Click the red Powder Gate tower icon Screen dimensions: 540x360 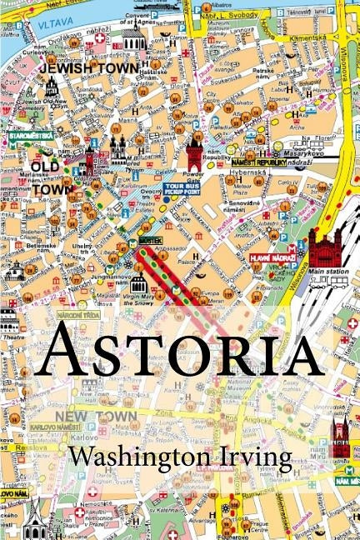195,152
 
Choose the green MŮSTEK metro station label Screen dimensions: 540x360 151,239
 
